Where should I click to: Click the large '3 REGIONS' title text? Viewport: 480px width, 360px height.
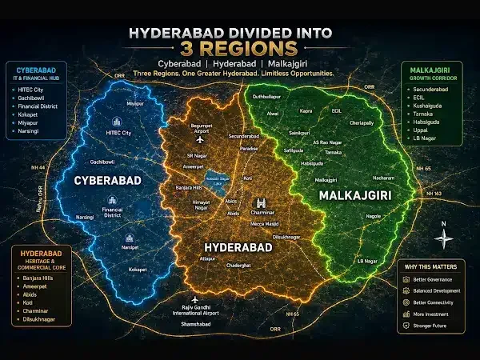point(240,40)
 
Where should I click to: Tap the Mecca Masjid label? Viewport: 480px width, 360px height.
point(263,223)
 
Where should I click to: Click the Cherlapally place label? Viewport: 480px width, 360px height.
point(364,123)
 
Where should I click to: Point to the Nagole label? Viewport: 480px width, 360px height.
point(373,215)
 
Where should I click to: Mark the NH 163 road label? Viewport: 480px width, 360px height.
point(435,194)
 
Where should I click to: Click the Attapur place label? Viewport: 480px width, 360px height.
point(209,258)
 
